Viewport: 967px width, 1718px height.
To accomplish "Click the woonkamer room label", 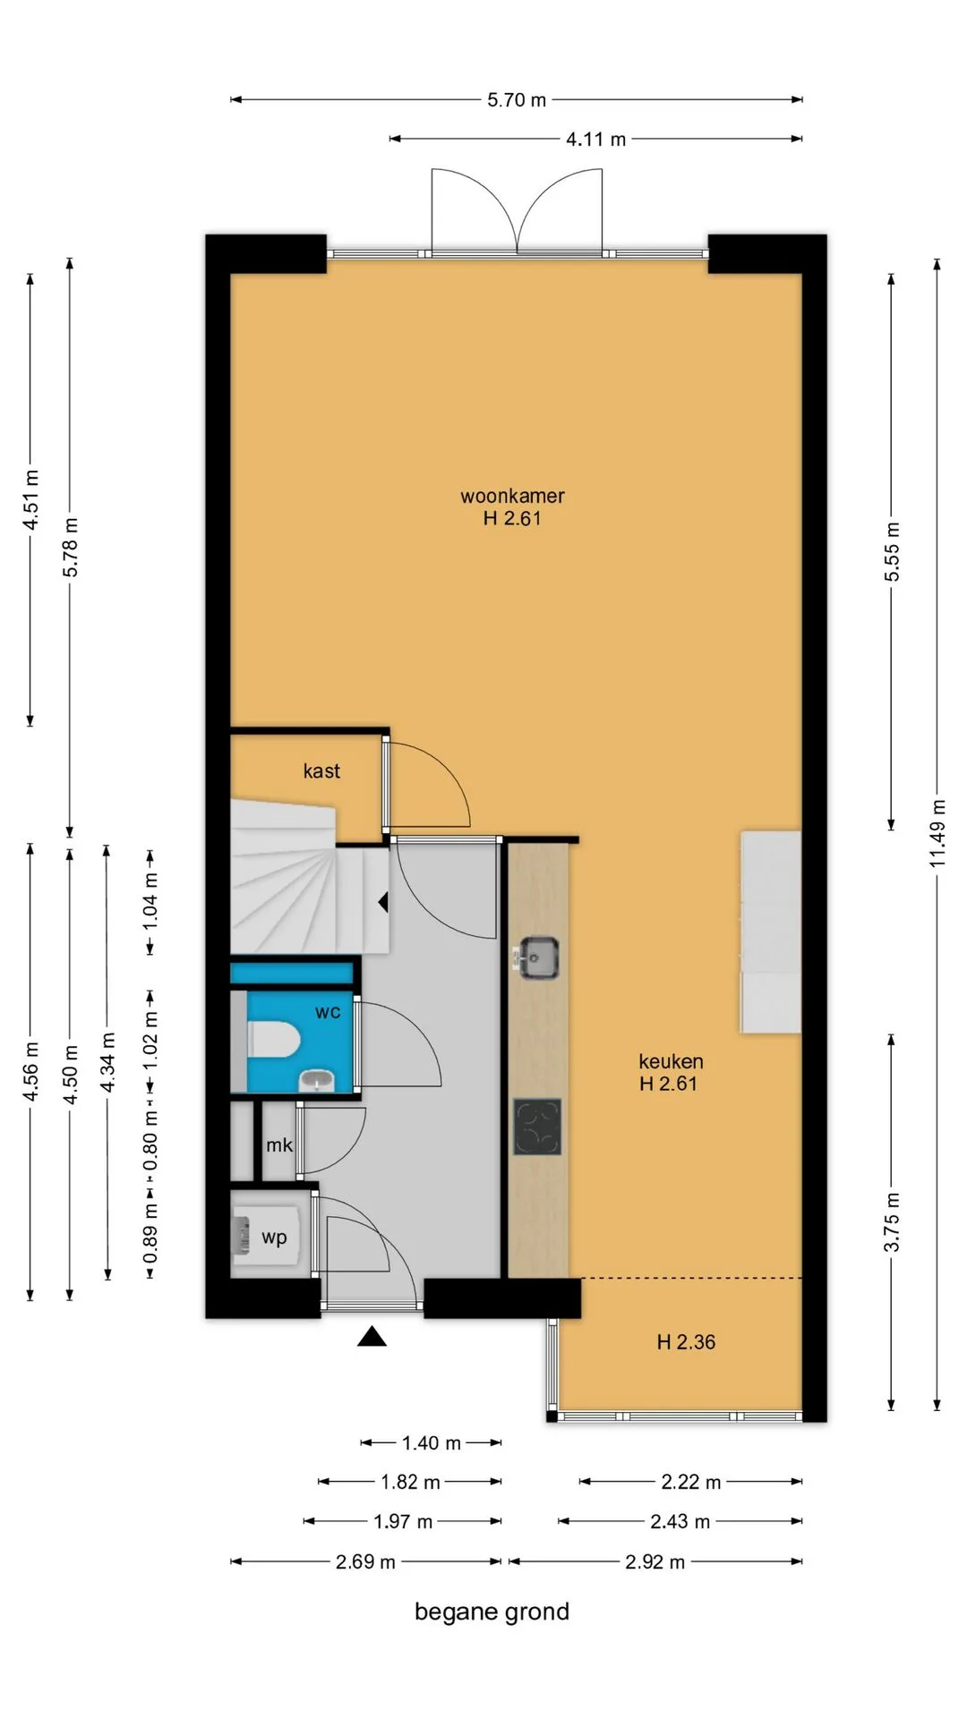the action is coord(512,496).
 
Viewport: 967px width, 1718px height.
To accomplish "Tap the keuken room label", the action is coord(671,1062).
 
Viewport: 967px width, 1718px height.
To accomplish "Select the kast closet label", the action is coord(321,771).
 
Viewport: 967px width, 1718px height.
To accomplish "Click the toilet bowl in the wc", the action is coord(273,1039).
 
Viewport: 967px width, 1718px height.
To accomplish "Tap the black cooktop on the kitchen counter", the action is coord(537,1127).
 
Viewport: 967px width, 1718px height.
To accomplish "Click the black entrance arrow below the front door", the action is coord(372,1337).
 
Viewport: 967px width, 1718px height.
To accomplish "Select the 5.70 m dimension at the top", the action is coord(517,100).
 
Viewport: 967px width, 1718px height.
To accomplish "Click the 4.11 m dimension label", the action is coord(595,140).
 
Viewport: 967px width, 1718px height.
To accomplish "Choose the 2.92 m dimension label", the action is coord(655,1562).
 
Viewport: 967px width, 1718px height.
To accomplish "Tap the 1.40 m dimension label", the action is coord(431,1443).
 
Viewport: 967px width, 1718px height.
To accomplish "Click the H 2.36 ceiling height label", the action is coord(686,1342).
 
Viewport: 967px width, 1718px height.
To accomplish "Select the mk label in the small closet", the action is coord(279,1145).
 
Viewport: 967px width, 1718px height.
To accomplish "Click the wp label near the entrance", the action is coord(274,1237).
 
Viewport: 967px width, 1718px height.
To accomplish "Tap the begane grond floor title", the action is coord(492,1612).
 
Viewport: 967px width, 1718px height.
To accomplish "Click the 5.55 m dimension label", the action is coord(892,551).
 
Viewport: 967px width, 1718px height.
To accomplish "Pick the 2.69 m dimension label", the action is coord(365,1562).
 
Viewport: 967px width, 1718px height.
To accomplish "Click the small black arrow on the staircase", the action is coord(383,903).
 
